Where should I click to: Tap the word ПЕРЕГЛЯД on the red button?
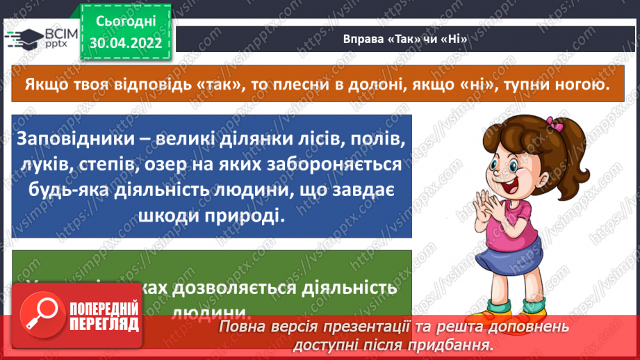tap(104, 324)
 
